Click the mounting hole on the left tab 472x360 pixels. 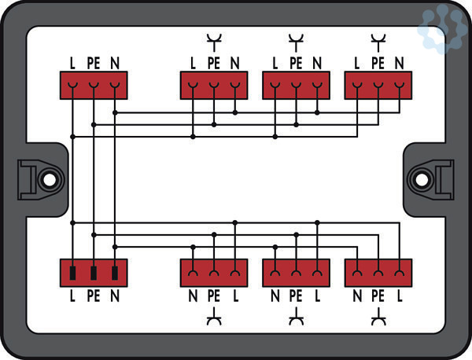pyautogui.click(x=49, y=179)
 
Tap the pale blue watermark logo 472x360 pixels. pyautogui.click(x=442, y=29)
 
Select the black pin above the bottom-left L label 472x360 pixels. pyautogui.click(x=72, y=274)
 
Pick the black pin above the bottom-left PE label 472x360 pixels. pyautogui.click(x=94, y=274)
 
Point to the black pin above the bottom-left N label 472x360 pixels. pyautogui.click(x=115, y=274)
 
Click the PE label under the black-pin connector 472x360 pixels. pyautogui.click(x=94, y=296)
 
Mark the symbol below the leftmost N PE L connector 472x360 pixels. pyautogui.click(x=213, y=318)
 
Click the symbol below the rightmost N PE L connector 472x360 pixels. pyautogui.click(x=378, y=318)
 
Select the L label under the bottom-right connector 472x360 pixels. pyautogui.click(x=400, y=296)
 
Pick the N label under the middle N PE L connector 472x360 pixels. pyautogui.click(x=275, y=296)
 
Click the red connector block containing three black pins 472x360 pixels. pyautogui.click(x=94, y=274)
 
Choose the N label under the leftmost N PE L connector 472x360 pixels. pyautogui.click(x=193, y=296)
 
